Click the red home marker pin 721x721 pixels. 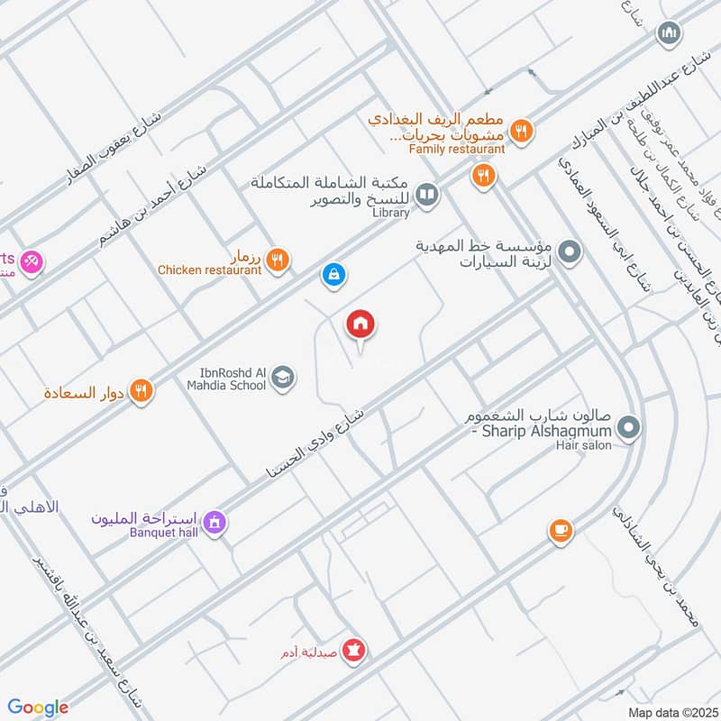pos(360,325)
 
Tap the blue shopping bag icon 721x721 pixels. pos(333,273)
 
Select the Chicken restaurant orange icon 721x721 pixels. pos(278,259)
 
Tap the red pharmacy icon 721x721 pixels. pos(356,649)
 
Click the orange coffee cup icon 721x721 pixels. pos(561,531)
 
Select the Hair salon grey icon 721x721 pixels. pos(630,428)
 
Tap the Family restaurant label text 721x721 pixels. pos(456,148)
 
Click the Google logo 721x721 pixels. pos(38,707)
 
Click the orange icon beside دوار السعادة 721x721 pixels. pos(141,391)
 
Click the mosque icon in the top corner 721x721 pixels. pos(668,35)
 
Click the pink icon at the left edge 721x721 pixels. pos(33,261)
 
